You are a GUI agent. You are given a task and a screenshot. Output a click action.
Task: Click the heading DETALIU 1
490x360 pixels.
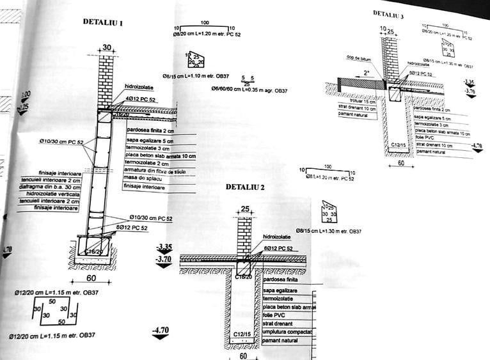tap(103, 22)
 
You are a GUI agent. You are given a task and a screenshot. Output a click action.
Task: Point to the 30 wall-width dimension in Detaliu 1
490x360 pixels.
tap(106, 47)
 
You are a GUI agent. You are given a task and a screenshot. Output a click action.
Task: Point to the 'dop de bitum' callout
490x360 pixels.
tap(360, 58)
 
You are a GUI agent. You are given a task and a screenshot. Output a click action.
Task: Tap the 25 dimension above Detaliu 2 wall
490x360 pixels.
tap(244, 209)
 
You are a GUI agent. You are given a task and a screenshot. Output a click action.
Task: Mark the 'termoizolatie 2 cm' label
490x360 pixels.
tap(146, 163)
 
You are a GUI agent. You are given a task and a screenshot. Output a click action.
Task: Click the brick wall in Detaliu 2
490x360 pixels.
tap(244, 237)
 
